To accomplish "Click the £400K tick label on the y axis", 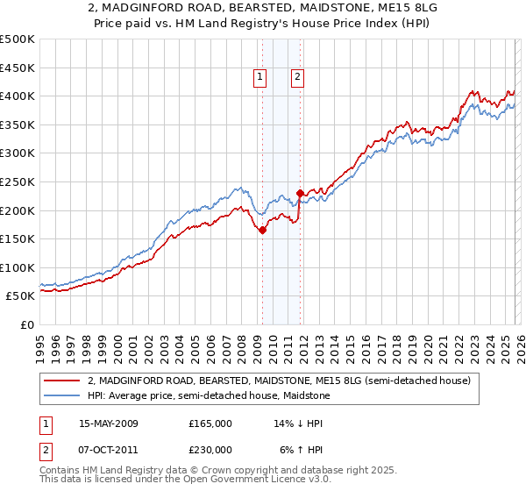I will [17, 96].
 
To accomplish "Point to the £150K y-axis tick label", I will [17, 238].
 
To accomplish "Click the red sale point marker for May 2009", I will [262, 230].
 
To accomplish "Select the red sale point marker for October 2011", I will [300, 193].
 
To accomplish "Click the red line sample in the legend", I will [62, 381].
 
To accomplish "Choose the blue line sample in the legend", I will [62, 395].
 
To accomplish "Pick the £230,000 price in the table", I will [210, 449].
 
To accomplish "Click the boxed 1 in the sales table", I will [46, 423].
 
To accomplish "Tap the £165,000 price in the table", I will [210, 423].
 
